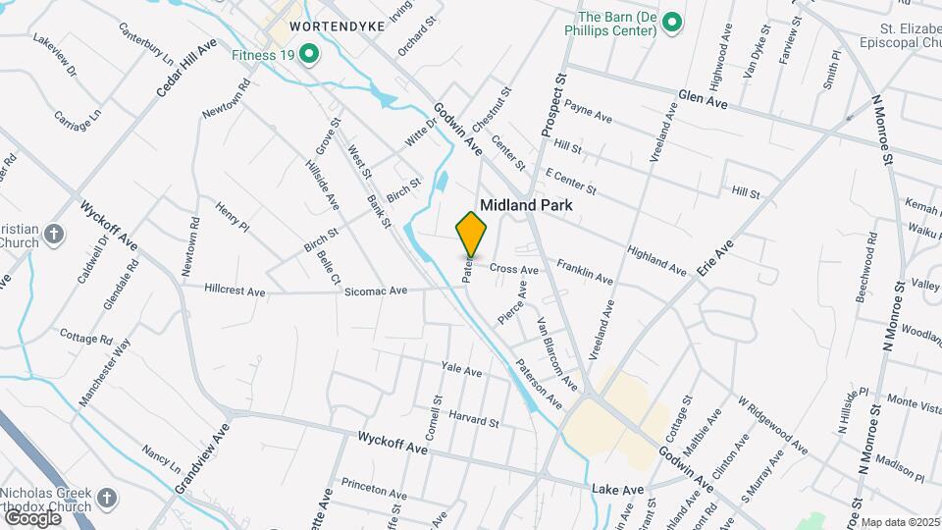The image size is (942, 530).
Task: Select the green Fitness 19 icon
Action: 309,54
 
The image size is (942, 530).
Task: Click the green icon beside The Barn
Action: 672,22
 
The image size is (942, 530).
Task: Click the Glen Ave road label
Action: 703,102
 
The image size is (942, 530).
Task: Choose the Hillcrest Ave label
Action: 235,291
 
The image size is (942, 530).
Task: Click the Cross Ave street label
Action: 514,269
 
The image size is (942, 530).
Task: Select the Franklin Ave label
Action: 585,272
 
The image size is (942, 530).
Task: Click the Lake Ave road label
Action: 617,489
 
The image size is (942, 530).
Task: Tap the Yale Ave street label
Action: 461,371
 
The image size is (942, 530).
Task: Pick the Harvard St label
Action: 474,419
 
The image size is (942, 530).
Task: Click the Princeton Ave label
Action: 373,488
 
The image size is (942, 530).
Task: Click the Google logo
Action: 32,517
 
